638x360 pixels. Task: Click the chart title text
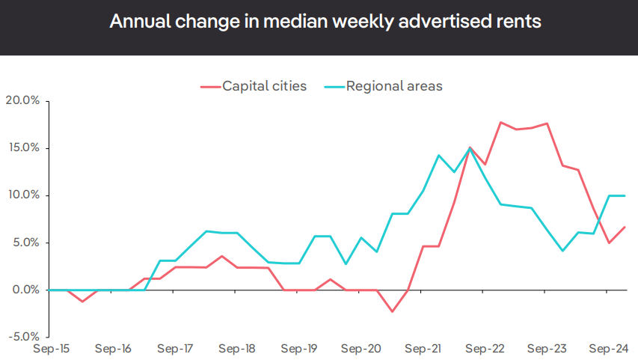pos(325,21)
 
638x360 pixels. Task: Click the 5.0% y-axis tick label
pos(27,242)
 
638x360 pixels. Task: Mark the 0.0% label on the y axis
pos(27,290)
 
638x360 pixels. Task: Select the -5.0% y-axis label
pos(25,337)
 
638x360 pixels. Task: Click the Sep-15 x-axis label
pos(51,349)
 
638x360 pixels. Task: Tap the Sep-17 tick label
pos(174,349)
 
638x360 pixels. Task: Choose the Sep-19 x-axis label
pos(299,349)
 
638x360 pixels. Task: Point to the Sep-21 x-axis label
pos(423,349)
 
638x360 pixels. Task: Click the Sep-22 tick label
pos(485,349)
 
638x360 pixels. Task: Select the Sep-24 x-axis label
pos(609,349)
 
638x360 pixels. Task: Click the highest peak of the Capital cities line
pos(500,123)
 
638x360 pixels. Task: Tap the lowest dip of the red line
pos(392,311)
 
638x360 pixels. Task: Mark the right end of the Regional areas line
pos(625,195)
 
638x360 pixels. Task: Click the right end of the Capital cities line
pos(625,227)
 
